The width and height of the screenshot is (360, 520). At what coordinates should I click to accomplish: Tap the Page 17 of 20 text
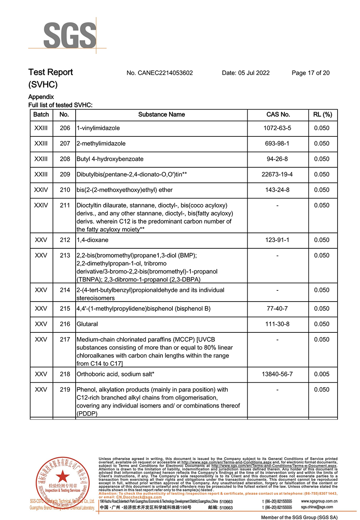click(310, 73)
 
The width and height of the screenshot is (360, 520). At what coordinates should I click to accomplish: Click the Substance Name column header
click(162, 114)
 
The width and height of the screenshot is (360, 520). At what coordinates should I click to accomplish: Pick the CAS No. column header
click(278, 114)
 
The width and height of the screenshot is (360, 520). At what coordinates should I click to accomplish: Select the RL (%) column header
click(322, 114)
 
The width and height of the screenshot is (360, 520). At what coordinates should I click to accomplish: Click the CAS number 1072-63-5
click(278, 128)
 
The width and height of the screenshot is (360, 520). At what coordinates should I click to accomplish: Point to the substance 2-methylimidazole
click(101, 143)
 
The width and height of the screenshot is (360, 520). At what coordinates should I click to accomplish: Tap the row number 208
click(65, 159)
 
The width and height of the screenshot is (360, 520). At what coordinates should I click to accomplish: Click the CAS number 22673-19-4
click(278, 174)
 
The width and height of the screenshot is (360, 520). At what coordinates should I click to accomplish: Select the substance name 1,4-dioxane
click(92, 240)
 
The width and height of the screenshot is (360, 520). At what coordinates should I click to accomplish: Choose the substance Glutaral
click(87, 324)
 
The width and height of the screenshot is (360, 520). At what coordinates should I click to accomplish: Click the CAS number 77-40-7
click(278, 308)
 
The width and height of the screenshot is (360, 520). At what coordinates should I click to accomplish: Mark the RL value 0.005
click(322, 374)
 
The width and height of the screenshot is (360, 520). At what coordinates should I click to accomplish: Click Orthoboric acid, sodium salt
click(116, 374)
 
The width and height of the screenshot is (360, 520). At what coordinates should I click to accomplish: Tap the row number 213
click(65, 255)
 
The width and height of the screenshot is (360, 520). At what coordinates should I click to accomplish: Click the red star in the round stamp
click(62, 476)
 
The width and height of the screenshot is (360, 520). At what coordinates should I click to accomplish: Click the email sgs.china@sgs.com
click(317, 507)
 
